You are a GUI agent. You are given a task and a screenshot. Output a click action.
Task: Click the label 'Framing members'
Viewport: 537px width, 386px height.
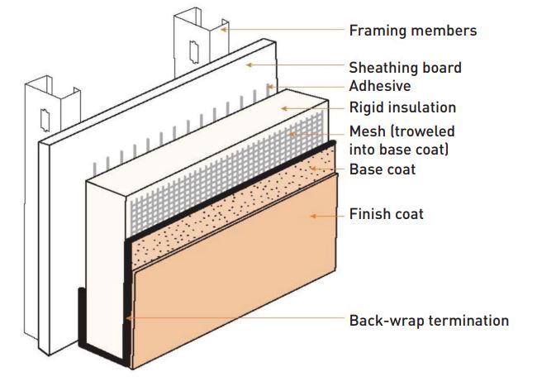point(413,31)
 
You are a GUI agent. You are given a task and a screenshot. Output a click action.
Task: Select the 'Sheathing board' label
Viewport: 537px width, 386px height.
point(404,68)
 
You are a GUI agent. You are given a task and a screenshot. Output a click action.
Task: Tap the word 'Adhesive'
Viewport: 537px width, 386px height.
point(379,85)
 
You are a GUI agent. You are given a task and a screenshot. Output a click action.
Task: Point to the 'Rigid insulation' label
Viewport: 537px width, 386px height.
point(402,107)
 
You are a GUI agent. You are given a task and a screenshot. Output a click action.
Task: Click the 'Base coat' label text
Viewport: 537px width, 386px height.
point(382,169)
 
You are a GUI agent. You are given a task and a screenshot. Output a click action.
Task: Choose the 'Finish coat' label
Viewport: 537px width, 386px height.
point(386,214)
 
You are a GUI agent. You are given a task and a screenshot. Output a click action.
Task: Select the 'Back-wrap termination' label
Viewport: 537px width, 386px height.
point(428,320)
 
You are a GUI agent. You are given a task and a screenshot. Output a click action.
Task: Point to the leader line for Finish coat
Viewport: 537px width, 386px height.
point(326,215)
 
